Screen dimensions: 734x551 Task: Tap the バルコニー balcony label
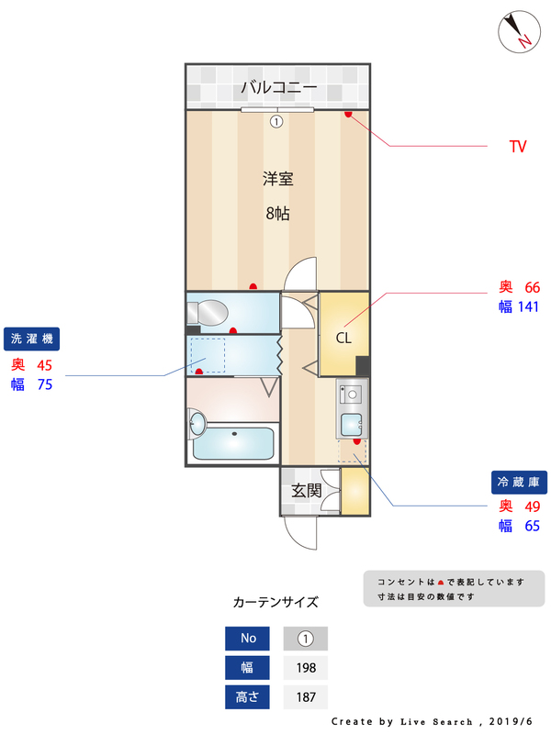tap(279, 88)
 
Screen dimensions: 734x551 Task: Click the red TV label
tap(518, 147)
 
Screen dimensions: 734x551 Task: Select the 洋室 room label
tap(278, 179)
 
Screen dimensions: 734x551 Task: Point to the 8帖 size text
tap(278, 214)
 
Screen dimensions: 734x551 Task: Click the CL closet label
tap(343, 338)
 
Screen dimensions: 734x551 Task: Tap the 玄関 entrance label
tap(306, 491)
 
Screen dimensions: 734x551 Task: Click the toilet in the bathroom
tap(210, 312)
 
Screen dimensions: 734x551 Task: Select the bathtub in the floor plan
tap(233, 445)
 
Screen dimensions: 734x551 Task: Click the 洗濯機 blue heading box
tap(32, 339)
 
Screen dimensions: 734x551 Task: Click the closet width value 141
tap(527, 306)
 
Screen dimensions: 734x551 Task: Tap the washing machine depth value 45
tap(45, 365)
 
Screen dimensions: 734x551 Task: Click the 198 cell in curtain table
tap(306, 668)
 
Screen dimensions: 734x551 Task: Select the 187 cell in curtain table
tap(306, 697)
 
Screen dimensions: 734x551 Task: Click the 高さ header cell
tap(248, 697)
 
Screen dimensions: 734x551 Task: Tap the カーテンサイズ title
tap(275, 603)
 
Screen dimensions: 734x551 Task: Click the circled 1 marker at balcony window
tap(276, 121)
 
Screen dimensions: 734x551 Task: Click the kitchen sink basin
tap(352, 425)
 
